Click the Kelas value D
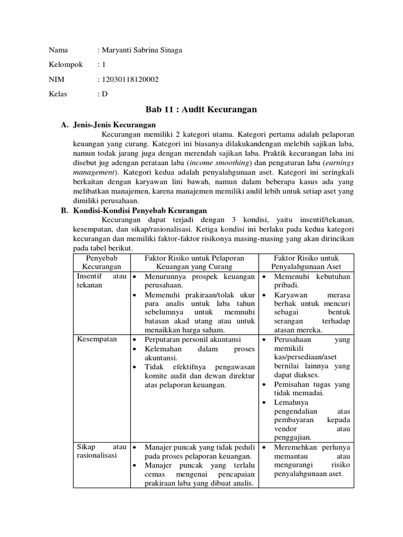(104, 94)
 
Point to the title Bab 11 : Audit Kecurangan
(200, 110)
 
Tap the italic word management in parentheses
(93, 171)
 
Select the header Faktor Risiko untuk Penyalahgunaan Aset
(306, 263)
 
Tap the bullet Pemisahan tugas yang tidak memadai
(312, 389)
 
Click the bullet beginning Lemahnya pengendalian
(312, 420)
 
